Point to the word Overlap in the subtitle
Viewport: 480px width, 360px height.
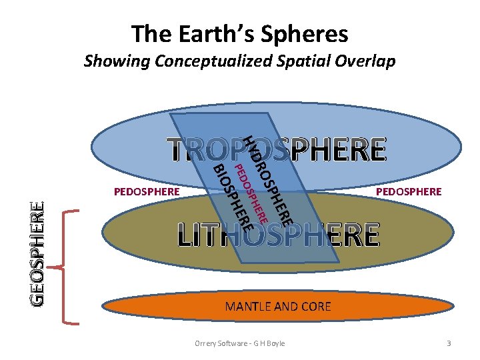click(x=363, y=61)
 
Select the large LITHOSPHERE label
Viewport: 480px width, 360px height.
click(x=278, y=235)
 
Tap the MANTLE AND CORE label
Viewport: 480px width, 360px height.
click(x=278, y=307)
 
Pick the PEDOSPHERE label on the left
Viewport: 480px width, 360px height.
click(x=147, y=192)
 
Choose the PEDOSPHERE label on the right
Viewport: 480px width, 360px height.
click(x=409, y=192)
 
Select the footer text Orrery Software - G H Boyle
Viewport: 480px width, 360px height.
click(x=239, y=343)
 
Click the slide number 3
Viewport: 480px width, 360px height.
click(x=449, y=343)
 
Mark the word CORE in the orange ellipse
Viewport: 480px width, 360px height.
click(x=315, y=307)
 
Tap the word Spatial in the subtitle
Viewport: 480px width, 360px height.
click(x=302, y=61)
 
